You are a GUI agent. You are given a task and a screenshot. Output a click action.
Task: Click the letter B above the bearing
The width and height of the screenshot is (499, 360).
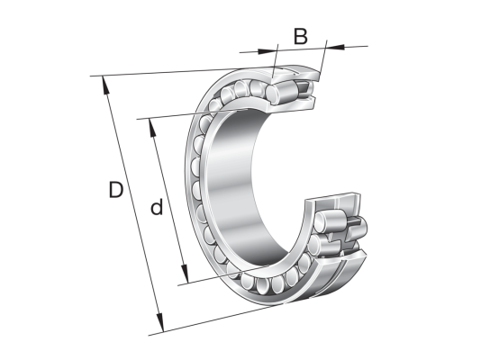tap(301, 36)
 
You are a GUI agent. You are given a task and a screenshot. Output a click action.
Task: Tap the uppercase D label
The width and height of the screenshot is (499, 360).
tap(116, 190)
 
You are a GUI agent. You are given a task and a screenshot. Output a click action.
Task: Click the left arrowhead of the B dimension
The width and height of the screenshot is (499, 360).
tap(267, 51)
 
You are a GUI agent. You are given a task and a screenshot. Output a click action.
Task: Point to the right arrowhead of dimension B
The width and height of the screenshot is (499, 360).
tap(335, 47)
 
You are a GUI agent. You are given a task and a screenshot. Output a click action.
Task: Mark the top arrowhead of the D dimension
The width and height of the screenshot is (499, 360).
tap(105, 85)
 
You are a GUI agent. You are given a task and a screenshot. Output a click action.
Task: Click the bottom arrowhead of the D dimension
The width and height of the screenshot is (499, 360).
tap(159, 323)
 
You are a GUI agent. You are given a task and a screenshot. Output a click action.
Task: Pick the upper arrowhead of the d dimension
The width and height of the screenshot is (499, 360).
tap(153, 128)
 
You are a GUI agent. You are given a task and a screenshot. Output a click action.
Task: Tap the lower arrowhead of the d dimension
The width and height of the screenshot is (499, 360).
tap(185, 274)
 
